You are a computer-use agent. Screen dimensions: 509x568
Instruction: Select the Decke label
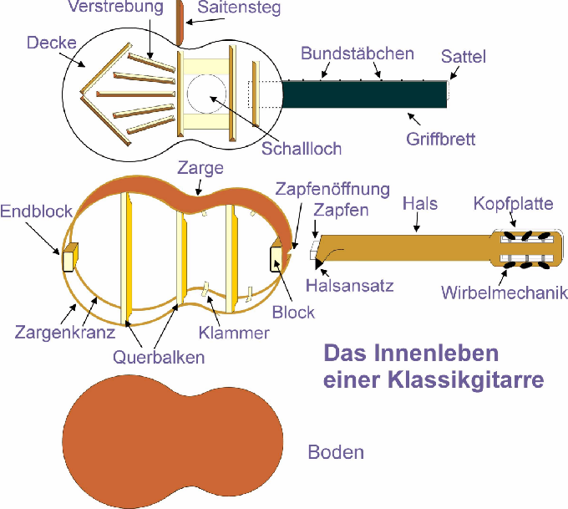coord(51,43)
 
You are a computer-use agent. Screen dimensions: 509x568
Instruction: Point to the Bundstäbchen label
coord(357,53)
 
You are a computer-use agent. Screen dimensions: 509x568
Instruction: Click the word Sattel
coord(464,57)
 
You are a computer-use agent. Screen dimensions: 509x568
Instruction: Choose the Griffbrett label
coord(441,138)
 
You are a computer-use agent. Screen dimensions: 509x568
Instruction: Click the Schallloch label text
coord(302,149)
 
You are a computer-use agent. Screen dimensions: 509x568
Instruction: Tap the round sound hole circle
coord(204,92)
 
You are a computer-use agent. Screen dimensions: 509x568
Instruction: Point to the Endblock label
coord(36,210)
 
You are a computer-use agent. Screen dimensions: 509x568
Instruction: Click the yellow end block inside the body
coord(69,257)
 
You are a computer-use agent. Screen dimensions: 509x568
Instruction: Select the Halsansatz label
coord(350,285)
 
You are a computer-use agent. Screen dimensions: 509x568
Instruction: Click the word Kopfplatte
coord(511,204)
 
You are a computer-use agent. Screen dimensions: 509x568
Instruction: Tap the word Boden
coord(337,453)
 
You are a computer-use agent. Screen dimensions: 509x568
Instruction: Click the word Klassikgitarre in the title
coord(467,380)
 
